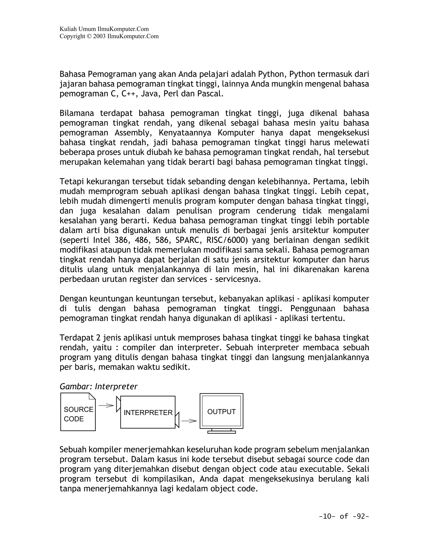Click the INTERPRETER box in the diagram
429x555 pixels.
click(148, 412)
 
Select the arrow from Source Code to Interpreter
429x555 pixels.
click(106, 406)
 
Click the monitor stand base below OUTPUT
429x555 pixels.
click(221, 432)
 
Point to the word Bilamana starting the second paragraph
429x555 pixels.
click(76, 113)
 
